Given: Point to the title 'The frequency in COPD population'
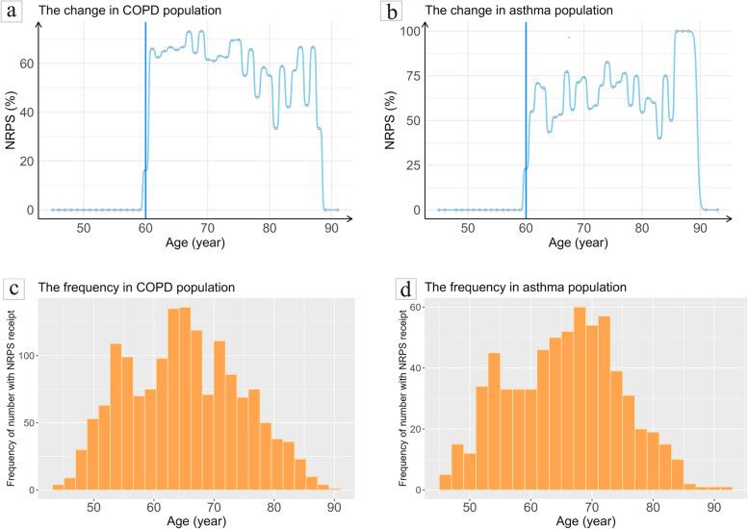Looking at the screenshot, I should pyautogui.click(x=136, y=287).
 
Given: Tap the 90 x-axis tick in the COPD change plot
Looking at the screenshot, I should pyautogui.click(x=331, y=227).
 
